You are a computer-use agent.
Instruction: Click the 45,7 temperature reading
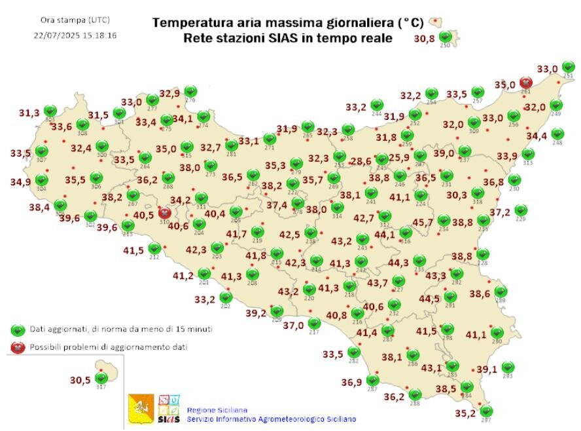(422, 223)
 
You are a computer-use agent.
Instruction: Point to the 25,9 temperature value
(398, 158)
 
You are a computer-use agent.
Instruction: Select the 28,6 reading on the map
(361, 161)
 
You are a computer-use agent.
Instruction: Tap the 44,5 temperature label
(429, 299)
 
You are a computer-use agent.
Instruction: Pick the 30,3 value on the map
(457, 195)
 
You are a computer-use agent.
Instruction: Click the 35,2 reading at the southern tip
(465, 413)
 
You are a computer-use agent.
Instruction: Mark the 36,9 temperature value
(351, 383)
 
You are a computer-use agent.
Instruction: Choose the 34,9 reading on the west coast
(20, 181)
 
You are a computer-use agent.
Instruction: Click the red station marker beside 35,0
(525, 83)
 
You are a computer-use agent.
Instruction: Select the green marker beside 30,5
(101, 377)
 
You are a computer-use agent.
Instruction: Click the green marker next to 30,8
(446, 36)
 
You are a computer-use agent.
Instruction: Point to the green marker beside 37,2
(521, 210)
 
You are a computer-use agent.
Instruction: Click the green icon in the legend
(18, 329)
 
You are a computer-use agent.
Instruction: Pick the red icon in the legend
(18, 347)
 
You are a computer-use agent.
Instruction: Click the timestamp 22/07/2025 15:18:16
(75, 35)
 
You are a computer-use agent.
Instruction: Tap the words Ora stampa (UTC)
(75, 20)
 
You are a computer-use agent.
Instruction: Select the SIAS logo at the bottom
(169, 408)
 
